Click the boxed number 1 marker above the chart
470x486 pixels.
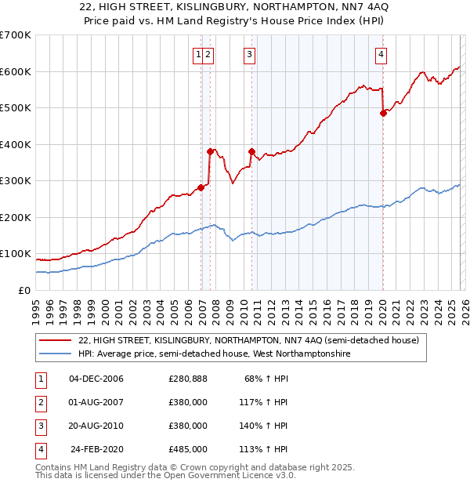coord(198,54)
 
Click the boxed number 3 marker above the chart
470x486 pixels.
coord(249,54)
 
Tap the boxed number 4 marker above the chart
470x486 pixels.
coord(380,54)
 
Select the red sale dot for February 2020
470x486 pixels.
coord(383,113)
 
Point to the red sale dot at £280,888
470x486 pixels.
coord(201,187)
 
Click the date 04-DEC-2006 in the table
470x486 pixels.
coord(96,379)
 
